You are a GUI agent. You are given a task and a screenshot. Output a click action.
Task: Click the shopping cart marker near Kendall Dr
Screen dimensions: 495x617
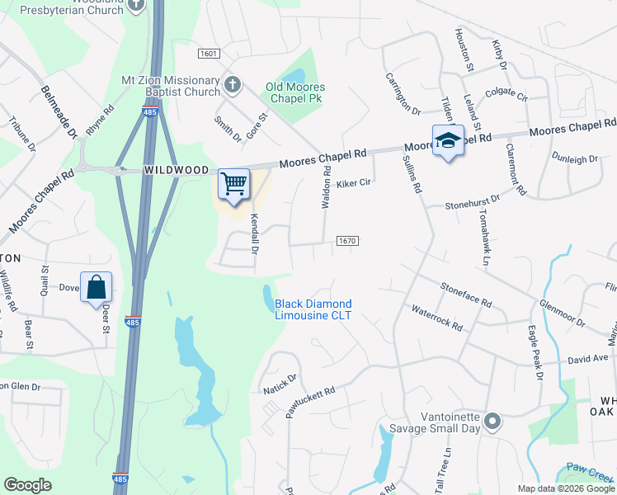pyautogui.click(x=234, y=184)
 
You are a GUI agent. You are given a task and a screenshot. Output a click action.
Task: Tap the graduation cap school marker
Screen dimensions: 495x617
pyautogui.click(x=448, y=141)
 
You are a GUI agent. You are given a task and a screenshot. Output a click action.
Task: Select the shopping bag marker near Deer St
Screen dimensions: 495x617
pyautogui.click(x=97, y=287)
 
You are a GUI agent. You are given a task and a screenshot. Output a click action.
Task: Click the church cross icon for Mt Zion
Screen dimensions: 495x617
pyautogui.click(x=233, y=83)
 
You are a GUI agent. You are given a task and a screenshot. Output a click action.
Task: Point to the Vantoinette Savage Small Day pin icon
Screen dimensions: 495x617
pyautogui.click(x=492, y=422)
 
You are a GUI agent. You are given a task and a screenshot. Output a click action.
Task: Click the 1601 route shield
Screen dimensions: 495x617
pyautogui.click(x=210, y=54)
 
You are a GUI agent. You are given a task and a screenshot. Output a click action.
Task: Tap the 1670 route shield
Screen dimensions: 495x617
pyautogui.click(x=346, y=241)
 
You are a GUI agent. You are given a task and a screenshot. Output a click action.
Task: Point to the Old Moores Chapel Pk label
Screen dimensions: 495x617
pyautogui.click(x=295, y=92)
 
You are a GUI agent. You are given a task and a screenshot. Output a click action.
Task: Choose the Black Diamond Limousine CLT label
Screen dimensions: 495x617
pyautogui.click(x=313, y=309)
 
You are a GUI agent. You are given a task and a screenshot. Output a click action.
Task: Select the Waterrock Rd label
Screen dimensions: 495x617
pyautogui.click(x=437, y=317)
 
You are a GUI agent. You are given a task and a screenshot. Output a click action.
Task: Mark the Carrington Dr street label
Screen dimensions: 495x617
pyautogui.click(x=403, y=93)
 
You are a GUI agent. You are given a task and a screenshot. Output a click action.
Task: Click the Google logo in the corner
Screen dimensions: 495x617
pyautogui.click(x=27, y=485)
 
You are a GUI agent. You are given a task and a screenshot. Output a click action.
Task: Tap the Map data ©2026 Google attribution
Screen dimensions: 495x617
pyautogui.click(x=566, y=488)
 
